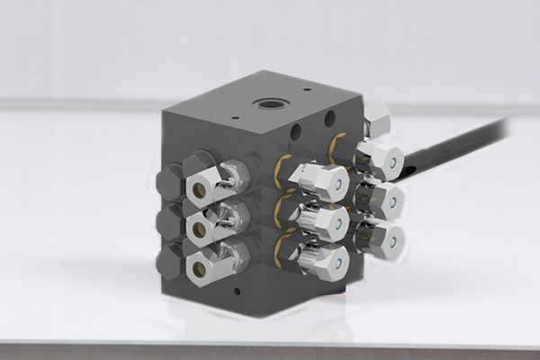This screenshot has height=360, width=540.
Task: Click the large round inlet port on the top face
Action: click(x=271, y=104)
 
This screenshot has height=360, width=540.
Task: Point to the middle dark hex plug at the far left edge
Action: click(x=169, y=222)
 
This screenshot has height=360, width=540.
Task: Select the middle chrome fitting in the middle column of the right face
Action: click(x=326, y=220)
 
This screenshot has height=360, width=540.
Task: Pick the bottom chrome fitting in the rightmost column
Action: click(x=382, y=238)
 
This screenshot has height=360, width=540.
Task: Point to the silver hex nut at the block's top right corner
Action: click(x=377, y=118)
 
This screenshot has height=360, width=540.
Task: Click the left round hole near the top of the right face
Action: click(x=296, y=133)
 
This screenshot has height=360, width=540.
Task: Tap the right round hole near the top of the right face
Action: click(x=329, y=119)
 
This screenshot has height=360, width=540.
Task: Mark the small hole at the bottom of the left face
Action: click(x=237, y=292)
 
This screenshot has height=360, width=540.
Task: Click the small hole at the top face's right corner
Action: click(x=308, y=90)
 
